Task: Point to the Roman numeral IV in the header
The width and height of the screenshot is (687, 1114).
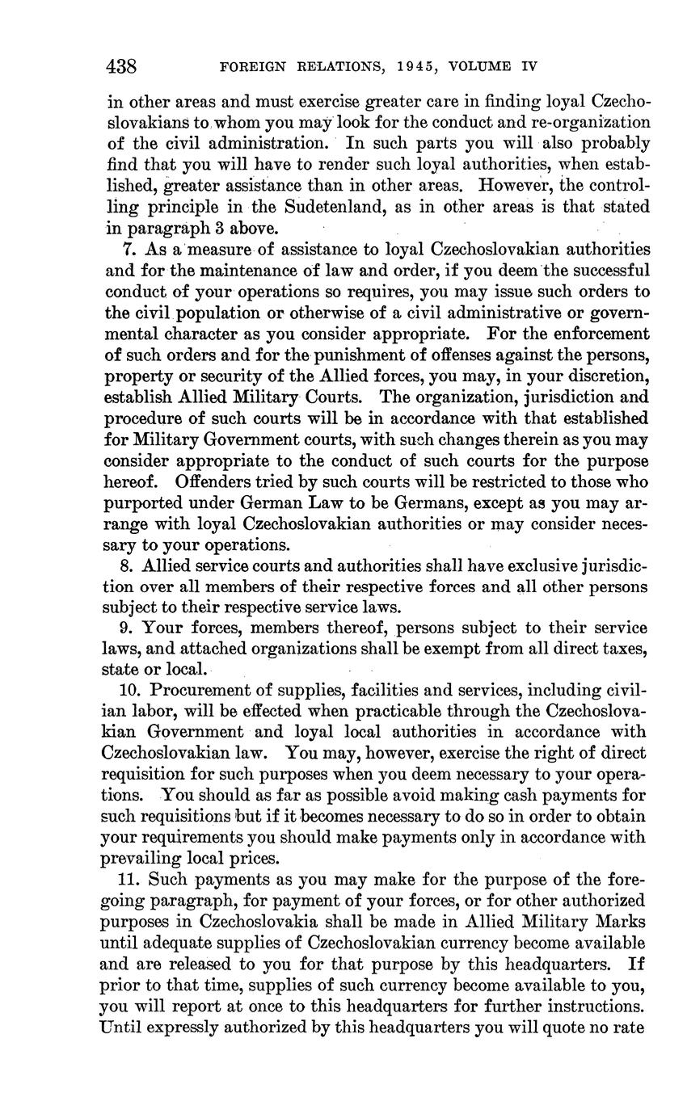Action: [x=530, y=65]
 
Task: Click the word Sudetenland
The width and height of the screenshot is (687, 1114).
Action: [x=311, y=207]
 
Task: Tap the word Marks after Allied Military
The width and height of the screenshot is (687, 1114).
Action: [x=621, y=922]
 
